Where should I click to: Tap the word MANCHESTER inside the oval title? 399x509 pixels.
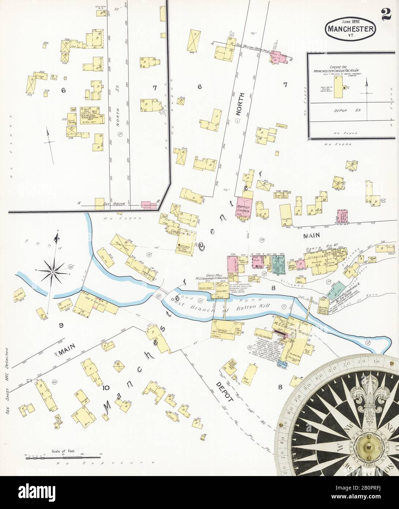click(x=350, y=29)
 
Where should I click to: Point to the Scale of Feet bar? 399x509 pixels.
click(x=63, y=457)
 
